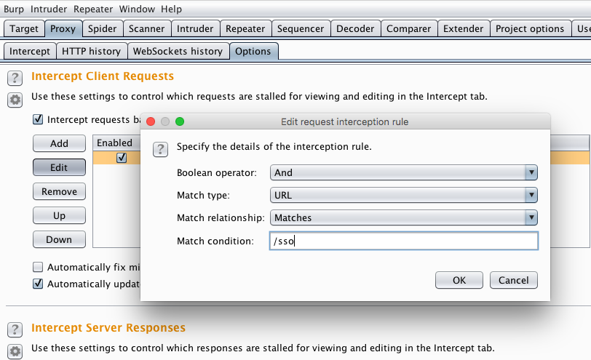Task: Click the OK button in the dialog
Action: click(459, 280)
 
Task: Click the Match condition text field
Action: click(404, 241)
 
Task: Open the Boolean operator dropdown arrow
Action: click(531, 172)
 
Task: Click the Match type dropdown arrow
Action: click(531, 195)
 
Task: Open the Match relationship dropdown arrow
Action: click(531, 217)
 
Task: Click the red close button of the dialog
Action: click(151, 121)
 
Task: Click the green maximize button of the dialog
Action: click(180, 121)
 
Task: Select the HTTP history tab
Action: click(92, 51)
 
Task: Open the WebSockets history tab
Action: click(178, 51)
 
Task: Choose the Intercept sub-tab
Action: click(30, 51)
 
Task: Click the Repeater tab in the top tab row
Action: click(245, 28)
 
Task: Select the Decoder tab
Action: click(355, 28)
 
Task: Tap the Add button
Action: click(59, 143)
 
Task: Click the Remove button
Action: click(59, 192)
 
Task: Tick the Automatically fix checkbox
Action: click(38, 267)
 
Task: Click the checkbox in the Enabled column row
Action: click(122, 157)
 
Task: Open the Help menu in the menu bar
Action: click(172, 9)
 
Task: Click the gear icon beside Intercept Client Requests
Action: click(15, 100)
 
